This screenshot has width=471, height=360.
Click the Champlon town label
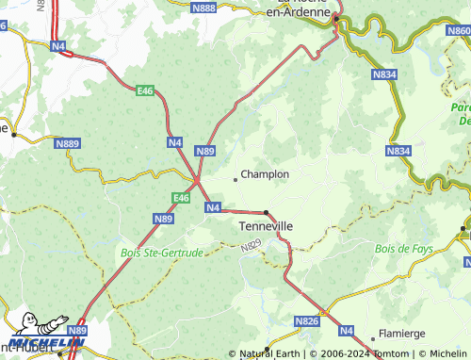coord(265,174)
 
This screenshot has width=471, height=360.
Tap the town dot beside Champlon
coord(235,178)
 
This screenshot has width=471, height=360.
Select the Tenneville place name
coord(267,227)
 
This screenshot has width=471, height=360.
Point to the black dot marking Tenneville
coord(267,212)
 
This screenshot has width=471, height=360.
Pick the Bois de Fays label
coord(404,248)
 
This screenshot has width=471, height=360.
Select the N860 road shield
coord(458,31)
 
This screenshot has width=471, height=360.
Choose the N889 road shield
coord(68,143)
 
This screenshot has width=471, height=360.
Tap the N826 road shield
coord(307,321)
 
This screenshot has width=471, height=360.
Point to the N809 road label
coord(250,245)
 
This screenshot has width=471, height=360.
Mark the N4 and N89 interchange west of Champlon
coord(197,179)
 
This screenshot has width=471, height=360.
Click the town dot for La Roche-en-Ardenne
coord(336,17)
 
